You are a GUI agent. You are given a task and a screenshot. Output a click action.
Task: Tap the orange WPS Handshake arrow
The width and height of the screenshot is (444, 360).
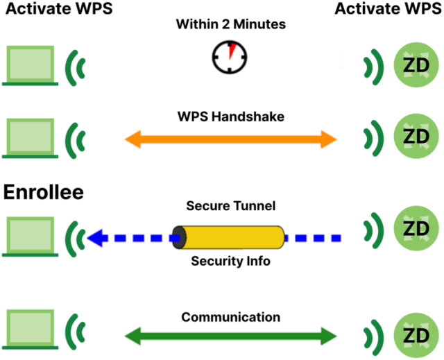tap(230, 140)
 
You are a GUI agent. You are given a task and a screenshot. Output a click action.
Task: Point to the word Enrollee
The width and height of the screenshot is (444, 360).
tap(44, 193)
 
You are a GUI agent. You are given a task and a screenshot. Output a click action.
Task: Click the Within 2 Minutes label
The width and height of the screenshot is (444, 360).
tap(230, 25)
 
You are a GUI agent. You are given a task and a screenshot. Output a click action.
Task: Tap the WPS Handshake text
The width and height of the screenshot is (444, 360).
tap(230, 117)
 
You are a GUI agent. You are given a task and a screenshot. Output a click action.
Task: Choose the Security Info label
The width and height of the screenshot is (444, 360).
tap(230, 262)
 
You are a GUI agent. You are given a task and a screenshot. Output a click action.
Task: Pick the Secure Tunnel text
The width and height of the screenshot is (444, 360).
tap(230, 206)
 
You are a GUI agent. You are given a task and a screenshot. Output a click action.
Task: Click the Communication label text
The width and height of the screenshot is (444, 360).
tap(230, 317)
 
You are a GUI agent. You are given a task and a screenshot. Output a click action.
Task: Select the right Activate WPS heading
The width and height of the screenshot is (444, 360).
tap(386, 9)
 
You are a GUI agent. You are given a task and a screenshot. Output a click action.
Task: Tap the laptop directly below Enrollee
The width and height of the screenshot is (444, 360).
tap(29, 236)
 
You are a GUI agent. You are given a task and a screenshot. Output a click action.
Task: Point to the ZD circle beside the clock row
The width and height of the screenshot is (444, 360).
tap(416, 66)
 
